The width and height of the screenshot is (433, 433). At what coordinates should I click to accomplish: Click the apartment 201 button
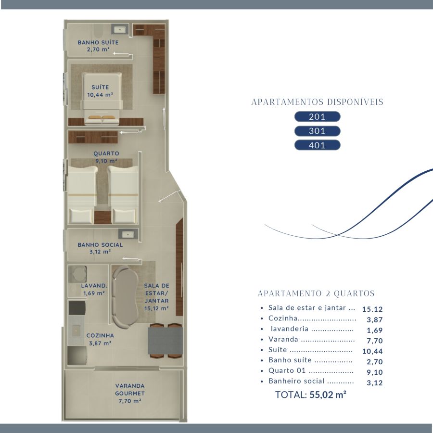tap(318, 116)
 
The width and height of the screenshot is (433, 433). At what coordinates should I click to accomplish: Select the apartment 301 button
tap(318, 131)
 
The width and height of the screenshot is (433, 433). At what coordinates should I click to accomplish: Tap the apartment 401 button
tap(318, 145)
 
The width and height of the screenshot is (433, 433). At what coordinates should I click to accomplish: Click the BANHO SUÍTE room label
tap(98, 42)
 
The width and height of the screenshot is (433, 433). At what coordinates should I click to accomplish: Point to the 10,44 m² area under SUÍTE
tap(100, 95)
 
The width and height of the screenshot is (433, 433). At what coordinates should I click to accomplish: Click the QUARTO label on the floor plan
tap(106, 153)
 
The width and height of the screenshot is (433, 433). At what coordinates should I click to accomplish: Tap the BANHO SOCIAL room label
tap(100, 245)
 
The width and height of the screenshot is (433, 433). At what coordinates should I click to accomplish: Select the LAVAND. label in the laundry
tap(94, 286)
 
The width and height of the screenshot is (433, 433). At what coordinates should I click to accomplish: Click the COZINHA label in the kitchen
tap(100, 335)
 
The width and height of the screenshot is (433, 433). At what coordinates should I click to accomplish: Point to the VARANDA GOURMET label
tap(130, 389)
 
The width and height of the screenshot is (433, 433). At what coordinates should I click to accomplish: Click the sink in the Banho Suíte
tap(120, 29)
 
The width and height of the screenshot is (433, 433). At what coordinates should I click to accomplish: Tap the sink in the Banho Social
tap(128, 234)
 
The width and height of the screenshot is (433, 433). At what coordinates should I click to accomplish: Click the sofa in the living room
tap(125, 297)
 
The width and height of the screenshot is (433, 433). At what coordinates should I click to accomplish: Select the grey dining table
tap(166, 341)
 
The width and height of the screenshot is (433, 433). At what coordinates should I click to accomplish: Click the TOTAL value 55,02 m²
tap(328, 395)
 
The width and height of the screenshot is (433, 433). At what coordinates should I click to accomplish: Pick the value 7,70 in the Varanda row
tap(375, 341)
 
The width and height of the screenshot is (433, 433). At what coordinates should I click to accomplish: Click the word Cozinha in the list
tap(283, 318)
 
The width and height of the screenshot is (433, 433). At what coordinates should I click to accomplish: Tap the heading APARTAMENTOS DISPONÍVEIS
tap(318, 102)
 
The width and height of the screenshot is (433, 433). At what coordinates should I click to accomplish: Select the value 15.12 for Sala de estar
tap(372, 309)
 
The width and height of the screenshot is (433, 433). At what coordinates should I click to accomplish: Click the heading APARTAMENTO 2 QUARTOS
tap(316, 293)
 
